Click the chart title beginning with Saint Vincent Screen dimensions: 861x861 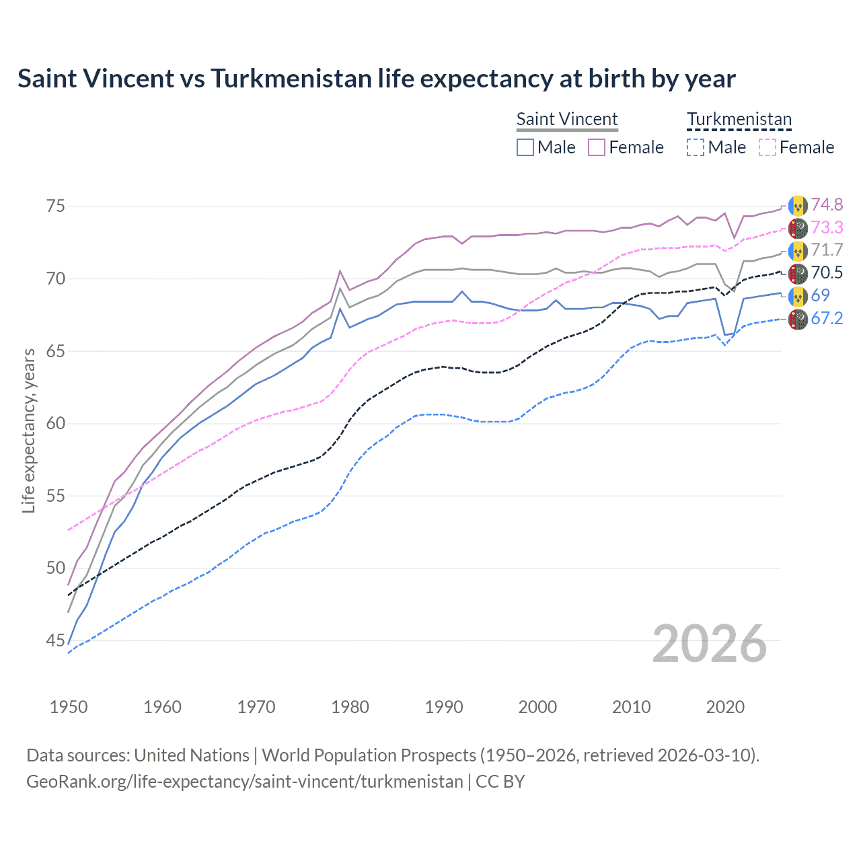(377, 79)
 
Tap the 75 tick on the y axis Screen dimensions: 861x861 (55, 206)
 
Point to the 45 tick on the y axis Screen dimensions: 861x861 (55, 640)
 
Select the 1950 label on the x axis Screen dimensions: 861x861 (69, 707)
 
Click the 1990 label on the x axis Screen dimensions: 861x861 (444, 707)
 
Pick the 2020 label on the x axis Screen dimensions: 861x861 (725, 707)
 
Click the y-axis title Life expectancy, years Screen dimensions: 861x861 (29, 430)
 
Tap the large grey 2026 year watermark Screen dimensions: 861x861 (710, 644)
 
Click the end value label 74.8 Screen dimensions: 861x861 (827, 204)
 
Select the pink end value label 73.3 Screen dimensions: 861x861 (827, 227)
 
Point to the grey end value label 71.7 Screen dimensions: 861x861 (827, 250)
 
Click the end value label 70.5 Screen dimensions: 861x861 (827, 272)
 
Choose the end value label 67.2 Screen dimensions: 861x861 (827, 318)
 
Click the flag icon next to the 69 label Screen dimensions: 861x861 (798, 296)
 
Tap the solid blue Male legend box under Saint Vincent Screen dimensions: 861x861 (525, 147)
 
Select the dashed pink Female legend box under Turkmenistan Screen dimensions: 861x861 (768, 147)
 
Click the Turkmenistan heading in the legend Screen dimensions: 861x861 (739, 119)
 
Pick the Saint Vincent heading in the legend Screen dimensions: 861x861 (567, 119)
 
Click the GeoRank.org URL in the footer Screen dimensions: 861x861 (245, 782)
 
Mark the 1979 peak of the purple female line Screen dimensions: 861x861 (340, 270)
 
